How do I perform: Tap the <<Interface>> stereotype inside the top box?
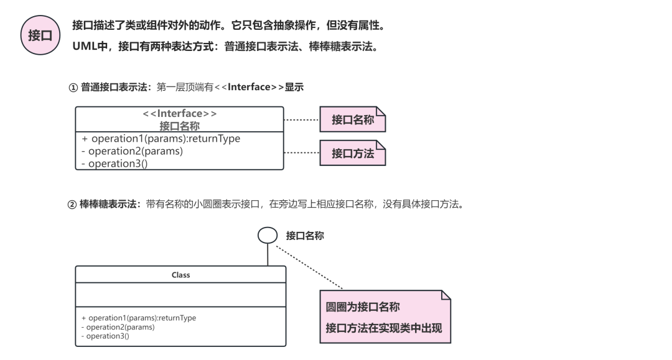[179, 114]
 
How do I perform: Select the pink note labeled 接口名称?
[352, 119]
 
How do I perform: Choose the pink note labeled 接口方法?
[352, 153]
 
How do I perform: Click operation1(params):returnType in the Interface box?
[161, 139]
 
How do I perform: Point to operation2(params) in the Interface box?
[132, 151]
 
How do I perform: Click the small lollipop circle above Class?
[268, 235]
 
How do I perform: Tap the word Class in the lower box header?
[180, 274]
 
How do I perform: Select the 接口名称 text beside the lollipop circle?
[305, 236]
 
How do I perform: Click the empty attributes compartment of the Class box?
[180, 294]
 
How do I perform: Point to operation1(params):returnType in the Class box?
[138, 318]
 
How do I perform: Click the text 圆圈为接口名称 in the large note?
[363, 307]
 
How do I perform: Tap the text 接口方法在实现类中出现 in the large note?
[383, 328]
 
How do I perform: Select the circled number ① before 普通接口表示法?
[73, 87]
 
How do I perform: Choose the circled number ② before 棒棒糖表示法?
[72, 204]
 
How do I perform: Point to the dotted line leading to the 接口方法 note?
[301, 152]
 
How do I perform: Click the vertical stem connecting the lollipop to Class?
[268, 254]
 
